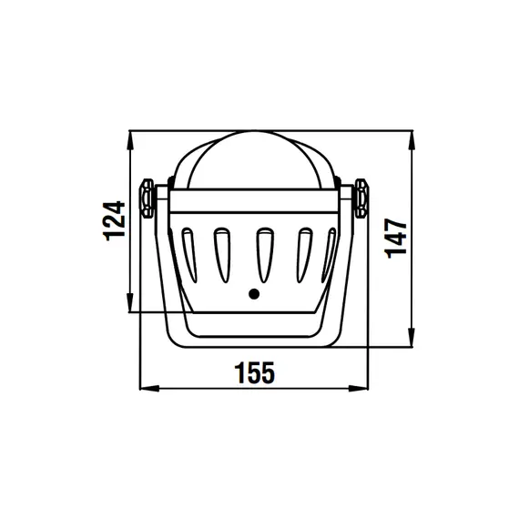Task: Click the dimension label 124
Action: click(x=115, y=220)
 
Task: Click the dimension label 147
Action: click(x=395, y=239)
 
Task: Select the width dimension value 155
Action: click(x=255, y=372)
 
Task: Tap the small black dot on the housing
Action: click(x=254, y=293)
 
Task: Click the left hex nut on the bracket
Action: click(x=147, y=198)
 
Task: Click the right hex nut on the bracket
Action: click(x=361, y=198)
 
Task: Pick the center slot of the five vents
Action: click(x=265, y=255)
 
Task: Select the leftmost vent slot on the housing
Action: click(x=189, y=255)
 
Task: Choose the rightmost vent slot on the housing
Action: click(x=329, y=255)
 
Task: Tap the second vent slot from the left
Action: click(x=222, y=255)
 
